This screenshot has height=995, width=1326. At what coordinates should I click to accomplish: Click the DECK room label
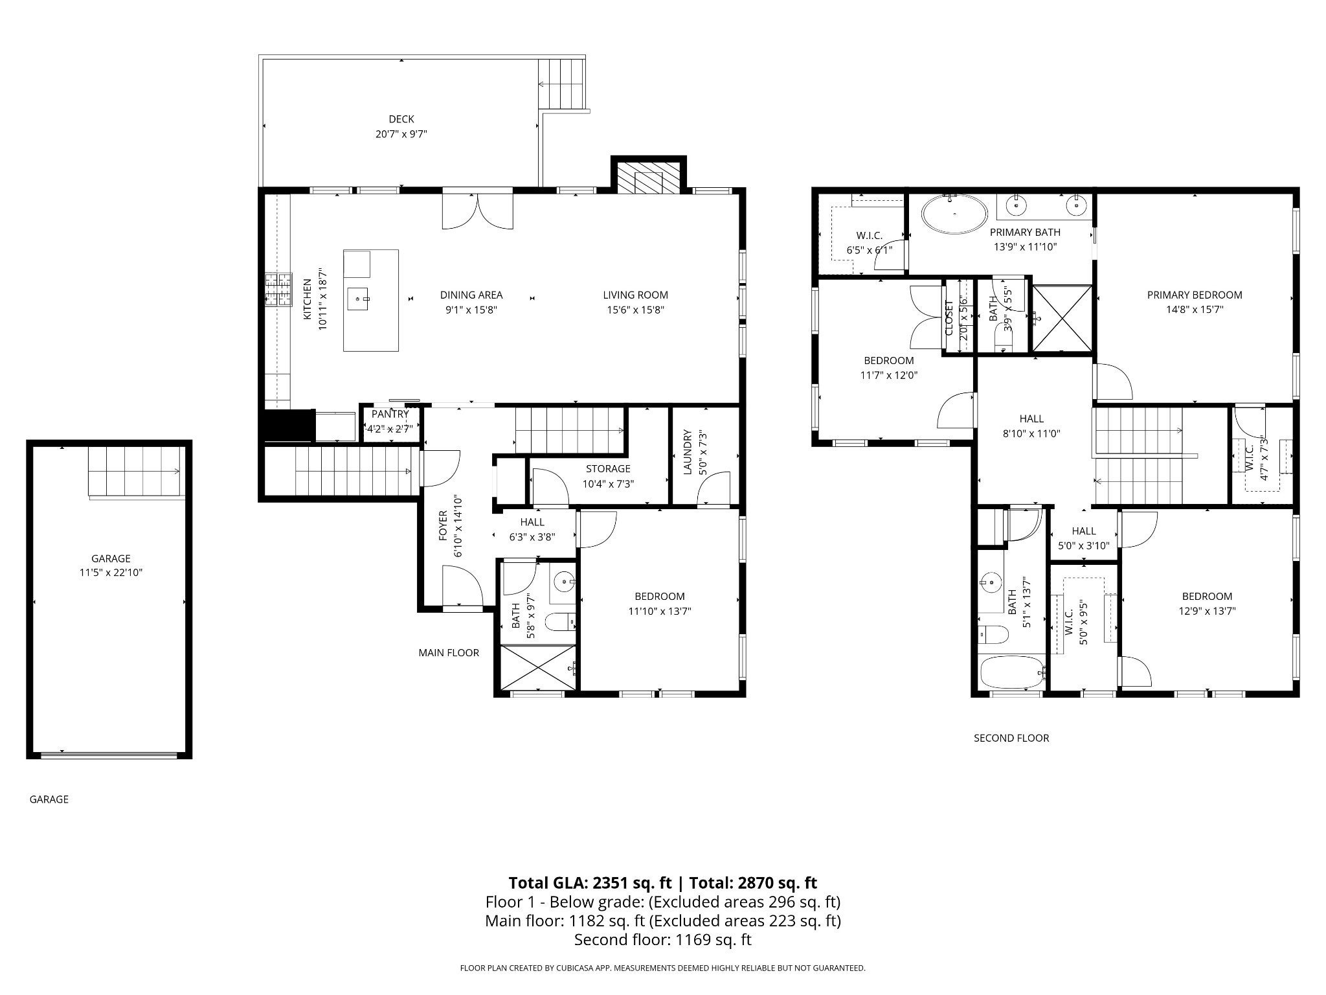pos(401,119)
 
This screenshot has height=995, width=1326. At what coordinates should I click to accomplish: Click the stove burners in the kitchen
pos(278,290)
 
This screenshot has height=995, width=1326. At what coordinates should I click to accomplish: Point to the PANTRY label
pos(390,414)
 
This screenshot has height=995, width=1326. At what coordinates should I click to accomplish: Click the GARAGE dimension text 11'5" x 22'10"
pos(111,573)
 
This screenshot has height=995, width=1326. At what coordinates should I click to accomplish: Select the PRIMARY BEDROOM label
pos(1195,295)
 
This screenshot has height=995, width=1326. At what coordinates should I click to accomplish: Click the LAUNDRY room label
pos(688,452)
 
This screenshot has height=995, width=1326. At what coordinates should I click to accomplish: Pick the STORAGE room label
pos(608,468)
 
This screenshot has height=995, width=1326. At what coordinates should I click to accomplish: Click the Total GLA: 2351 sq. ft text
pos(590,883)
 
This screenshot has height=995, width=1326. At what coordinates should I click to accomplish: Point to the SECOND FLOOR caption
pos(1011,738)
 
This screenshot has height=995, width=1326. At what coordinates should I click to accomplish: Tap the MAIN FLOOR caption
pos(449,652)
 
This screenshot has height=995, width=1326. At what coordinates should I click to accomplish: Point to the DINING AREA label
pos(471,295)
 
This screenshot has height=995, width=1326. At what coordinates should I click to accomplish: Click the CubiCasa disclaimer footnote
pos(662,968)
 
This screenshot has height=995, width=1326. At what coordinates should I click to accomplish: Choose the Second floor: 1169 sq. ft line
pos(663,939)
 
